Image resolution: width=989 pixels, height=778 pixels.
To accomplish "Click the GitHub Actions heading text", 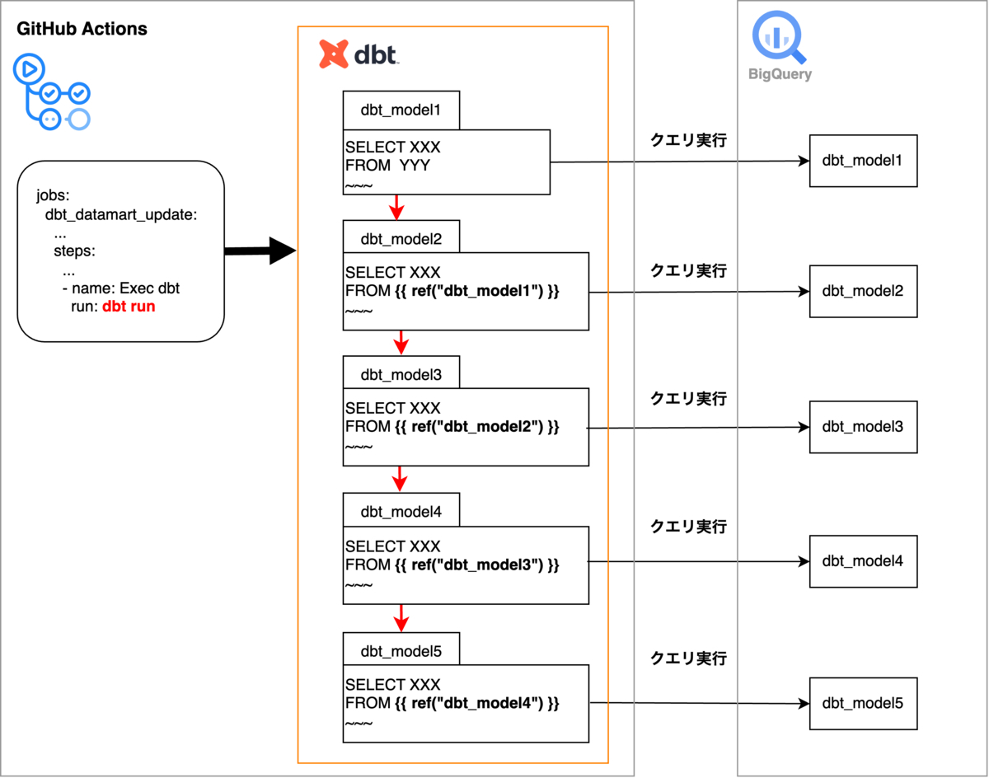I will click(82, 29).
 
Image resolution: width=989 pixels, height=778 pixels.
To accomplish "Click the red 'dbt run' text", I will click(129, 307).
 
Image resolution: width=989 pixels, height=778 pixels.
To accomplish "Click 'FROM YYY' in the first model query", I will click(388, 166).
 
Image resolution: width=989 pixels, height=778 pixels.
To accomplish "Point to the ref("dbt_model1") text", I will click(478, 291).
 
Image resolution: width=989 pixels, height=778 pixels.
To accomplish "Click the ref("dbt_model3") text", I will click(478, 565).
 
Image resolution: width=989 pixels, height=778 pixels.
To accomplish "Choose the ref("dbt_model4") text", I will click(478, 703).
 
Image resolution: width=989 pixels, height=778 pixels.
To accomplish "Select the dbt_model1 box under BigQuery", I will click(862, 160).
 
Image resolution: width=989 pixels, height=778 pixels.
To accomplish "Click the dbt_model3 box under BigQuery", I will click(862, 427).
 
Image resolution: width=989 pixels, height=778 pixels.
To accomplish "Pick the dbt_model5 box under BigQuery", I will click(862, 703).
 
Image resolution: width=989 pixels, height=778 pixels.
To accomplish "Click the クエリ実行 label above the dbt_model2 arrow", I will click(689, 270).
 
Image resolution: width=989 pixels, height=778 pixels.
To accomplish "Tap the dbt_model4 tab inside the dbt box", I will click(401, 511).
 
